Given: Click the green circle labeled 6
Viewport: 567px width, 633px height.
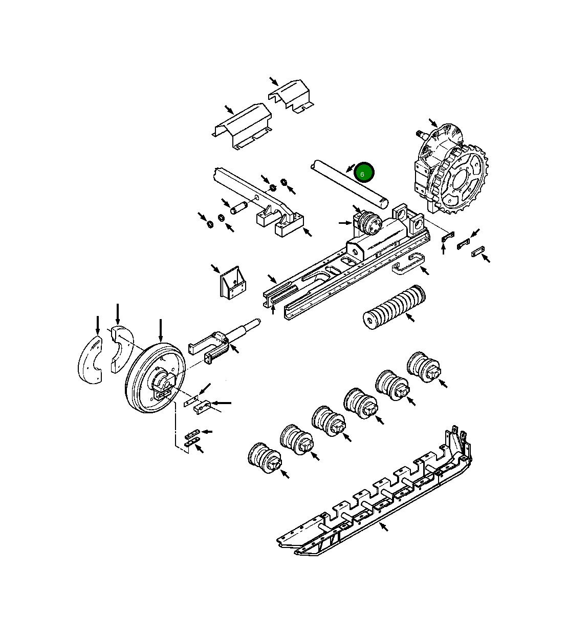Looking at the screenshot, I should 364,173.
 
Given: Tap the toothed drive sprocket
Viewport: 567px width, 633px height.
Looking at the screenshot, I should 461,179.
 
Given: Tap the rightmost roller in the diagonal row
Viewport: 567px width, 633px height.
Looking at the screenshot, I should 424,367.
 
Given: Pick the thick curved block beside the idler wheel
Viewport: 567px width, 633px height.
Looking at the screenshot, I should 121,347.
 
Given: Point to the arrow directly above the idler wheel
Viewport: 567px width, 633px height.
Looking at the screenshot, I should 161,331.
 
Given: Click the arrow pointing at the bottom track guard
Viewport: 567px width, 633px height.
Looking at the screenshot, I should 383,526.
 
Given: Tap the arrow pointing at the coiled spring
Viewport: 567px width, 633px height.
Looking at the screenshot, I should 410,318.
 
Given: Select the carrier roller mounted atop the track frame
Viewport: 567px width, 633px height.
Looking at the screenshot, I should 367,223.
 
